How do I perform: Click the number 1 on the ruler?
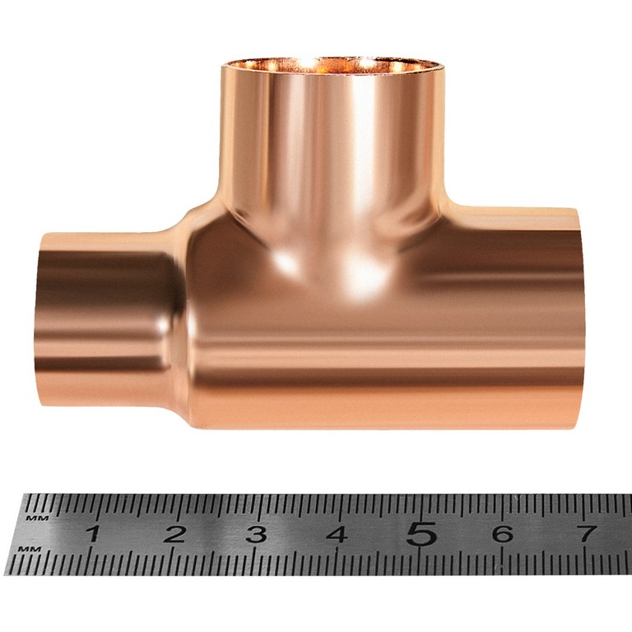(93, 534)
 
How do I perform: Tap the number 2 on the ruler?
(174, 534)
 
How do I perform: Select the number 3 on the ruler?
(257, 534)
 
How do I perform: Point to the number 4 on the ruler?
(337, 534)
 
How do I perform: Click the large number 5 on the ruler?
(421, 533)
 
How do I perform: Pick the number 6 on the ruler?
(502, 533)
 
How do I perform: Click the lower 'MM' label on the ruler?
(30, 549)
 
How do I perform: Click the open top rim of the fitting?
(332, 65)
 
